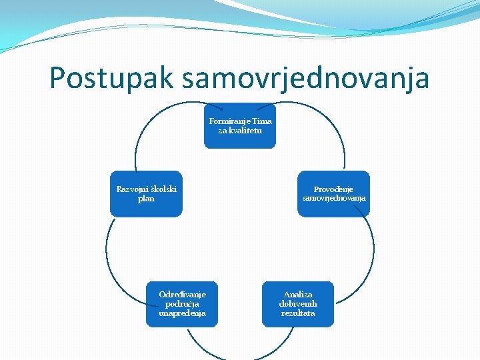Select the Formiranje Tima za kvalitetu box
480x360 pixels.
(240, 125)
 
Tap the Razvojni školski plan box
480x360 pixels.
(146, 194)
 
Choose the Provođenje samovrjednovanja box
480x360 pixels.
(333, 194)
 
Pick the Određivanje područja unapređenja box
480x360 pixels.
(182, 304)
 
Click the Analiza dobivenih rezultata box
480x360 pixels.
(297, 304)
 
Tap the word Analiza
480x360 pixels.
(297, 294)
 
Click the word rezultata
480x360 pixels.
(298, 313)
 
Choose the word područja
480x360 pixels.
(182, 303)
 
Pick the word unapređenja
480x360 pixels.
(182, 313)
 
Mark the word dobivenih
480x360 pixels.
(298, 303)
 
